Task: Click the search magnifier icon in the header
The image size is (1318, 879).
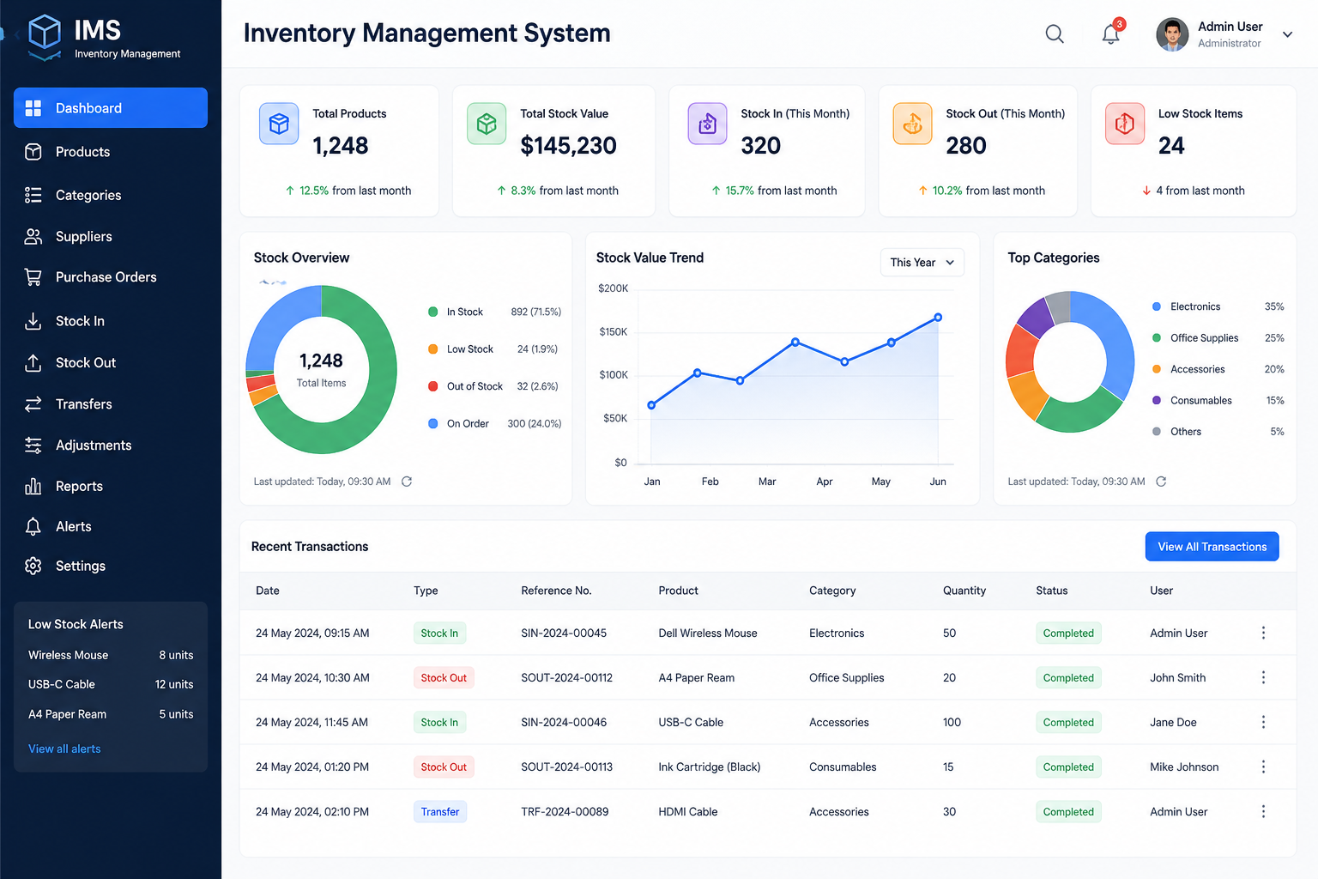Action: coord(1055,34)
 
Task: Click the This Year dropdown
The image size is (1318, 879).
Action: coord(922,263)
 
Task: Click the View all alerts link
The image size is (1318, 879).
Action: coord(64,749)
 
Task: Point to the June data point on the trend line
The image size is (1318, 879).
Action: coord(938,318)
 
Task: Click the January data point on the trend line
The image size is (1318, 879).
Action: coord(651,405)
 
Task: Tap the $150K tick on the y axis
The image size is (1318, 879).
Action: coord(614,332)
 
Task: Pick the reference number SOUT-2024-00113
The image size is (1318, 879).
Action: coord(566,767)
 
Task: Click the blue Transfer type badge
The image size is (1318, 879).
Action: coord(440,812)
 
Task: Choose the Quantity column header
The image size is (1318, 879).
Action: coord(964,591)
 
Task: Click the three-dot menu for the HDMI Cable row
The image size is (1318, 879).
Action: coord(1263,812)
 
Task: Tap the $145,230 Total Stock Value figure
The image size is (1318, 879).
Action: coord(568,146)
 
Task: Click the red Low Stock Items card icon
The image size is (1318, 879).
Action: coord(1124,124)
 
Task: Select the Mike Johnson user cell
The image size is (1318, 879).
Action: coord(1184,767)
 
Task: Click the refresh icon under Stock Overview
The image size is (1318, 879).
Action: coord(407,482)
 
